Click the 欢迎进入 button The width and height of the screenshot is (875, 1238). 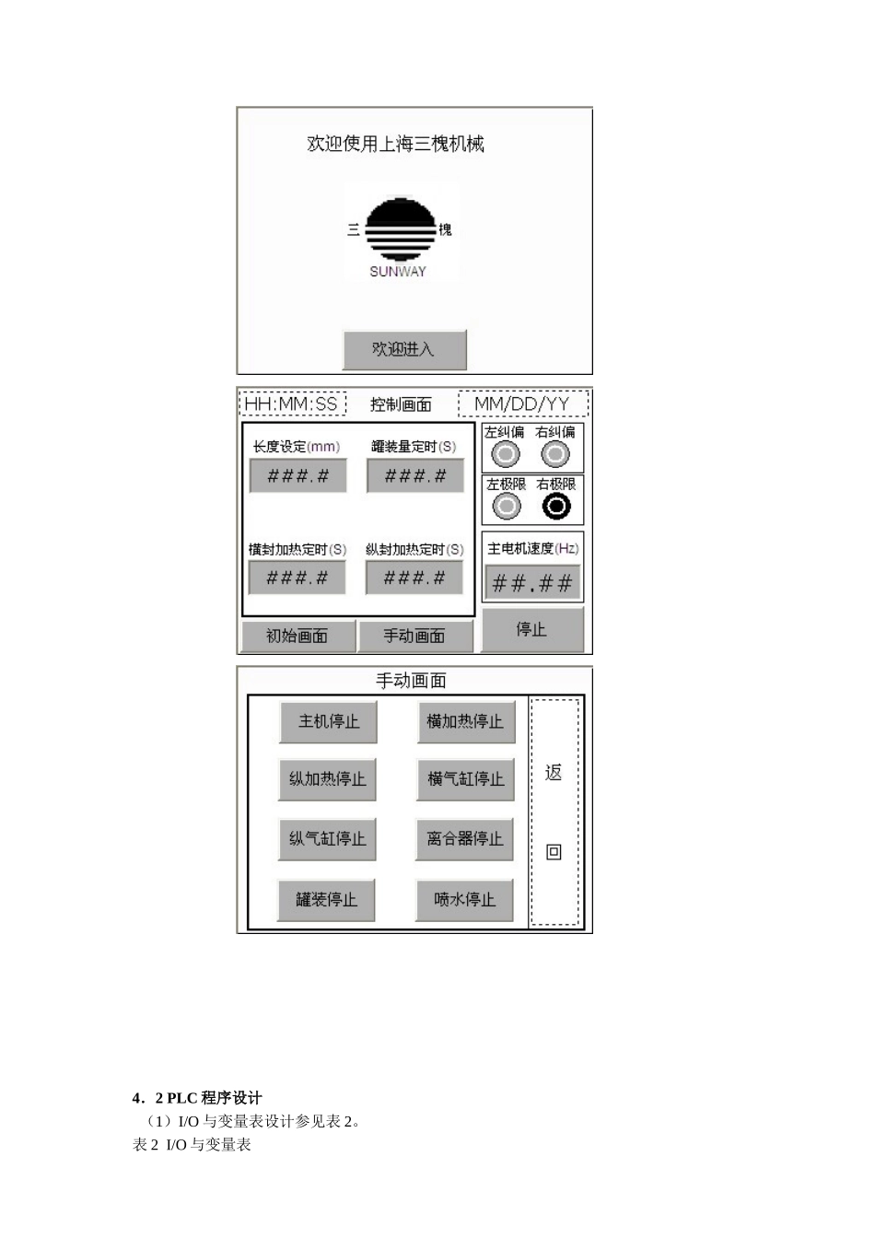404,349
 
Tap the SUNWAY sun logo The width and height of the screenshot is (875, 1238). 400,230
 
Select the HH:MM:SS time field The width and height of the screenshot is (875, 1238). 292,403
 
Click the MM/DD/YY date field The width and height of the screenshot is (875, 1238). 522,403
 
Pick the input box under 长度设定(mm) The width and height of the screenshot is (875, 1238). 298,476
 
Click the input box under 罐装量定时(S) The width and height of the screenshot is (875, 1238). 415,476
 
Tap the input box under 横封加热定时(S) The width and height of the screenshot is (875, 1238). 297,578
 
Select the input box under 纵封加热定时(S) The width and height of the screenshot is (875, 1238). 414,578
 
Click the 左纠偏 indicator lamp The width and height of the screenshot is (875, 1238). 505,454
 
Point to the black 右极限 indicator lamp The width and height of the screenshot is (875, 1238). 556,506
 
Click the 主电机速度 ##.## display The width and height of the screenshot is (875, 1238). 532,582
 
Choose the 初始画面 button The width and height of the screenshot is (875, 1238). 297,636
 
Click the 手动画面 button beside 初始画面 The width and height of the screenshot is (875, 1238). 414,636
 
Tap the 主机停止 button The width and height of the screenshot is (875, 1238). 328,721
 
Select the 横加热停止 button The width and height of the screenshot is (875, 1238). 465,721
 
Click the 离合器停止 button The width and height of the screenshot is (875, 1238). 464,839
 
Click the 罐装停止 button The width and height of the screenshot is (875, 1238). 326,900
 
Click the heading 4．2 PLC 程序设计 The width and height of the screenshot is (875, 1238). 197,1098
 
